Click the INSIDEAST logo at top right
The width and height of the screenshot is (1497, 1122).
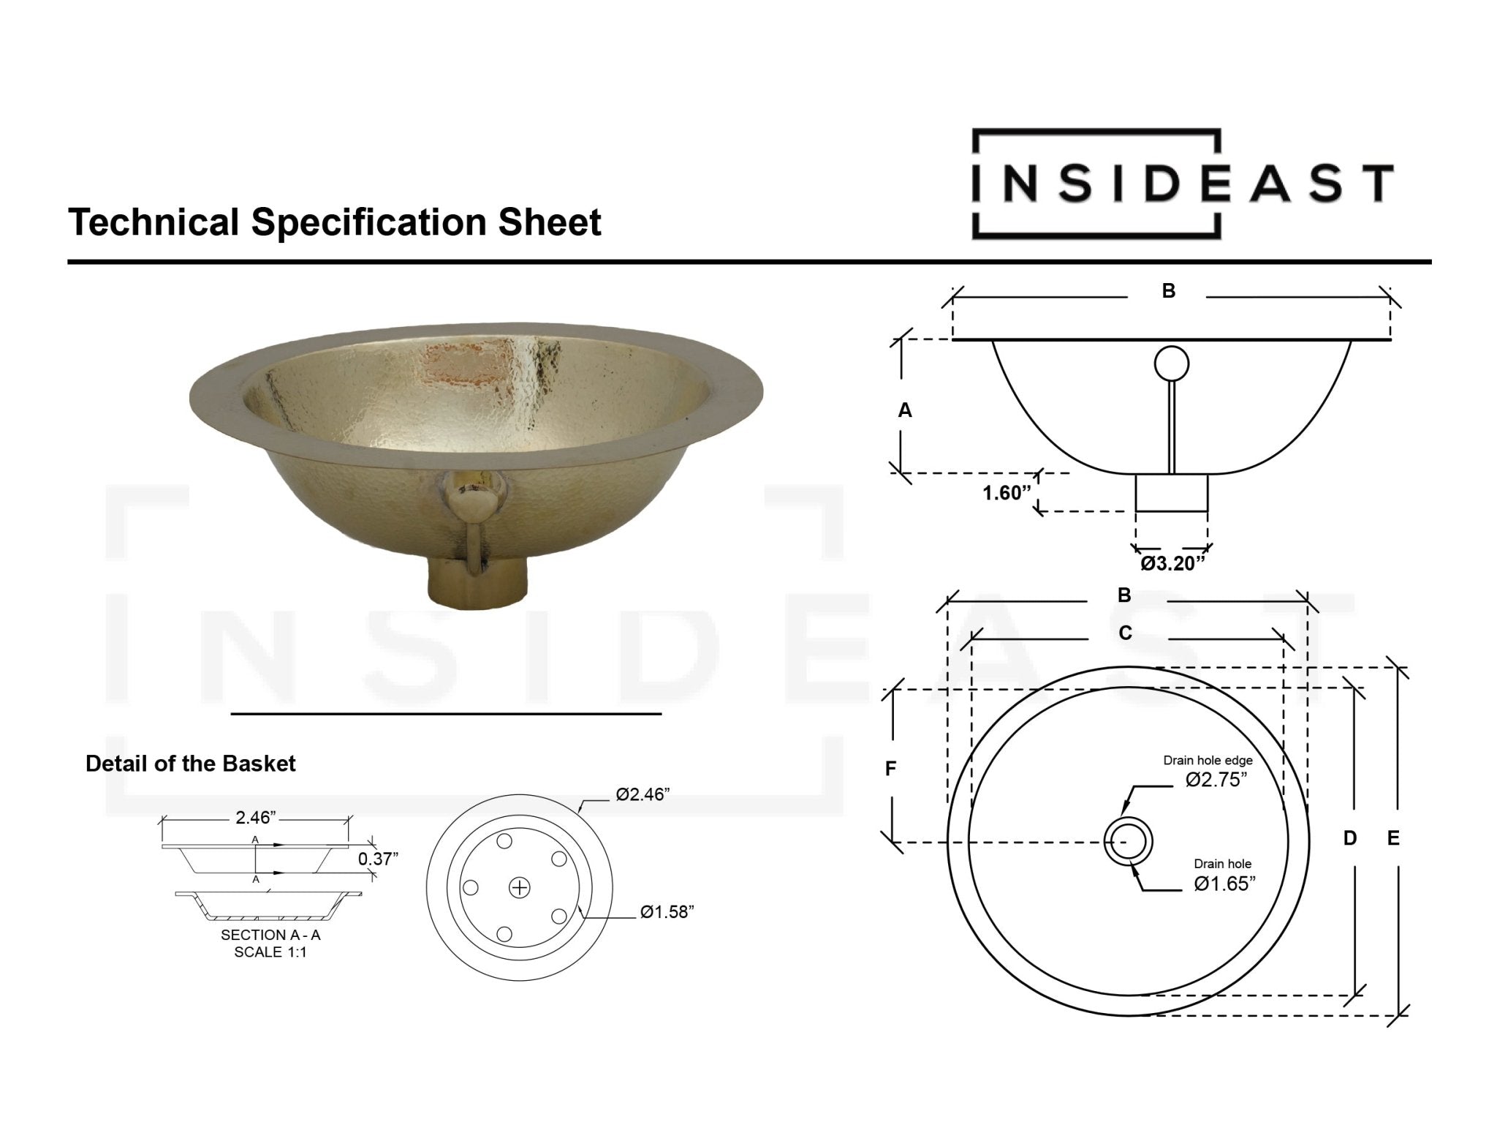click(1182, 184)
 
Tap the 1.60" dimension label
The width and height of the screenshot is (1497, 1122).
click(1006, 493)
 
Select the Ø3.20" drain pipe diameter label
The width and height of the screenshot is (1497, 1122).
click(1172, 563)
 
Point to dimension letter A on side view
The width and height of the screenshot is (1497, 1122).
click(905, 411)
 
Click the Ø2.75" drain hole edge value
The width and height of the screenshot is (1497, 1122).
click(1216, 780)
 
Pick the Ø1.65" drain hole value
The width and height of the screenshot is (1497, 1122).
click(1224, 884)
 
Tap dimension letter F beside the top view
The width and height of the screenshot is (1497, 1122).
click(890, 769)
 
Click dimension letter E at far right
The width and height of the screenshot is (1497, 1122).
click(1393, 838)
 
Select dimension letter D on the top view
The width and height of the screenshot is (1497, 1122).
click(1350, 838)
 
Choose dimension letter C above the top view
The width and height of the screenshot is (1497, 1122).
click(1125, 633)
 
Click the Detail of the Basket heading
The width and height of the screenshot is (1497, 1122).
click(190, 764)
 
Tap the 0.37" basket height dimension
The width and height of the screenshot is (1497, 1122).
click(377, 859)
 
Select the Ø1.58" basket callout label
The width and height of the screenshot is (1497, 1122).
click(666, 912)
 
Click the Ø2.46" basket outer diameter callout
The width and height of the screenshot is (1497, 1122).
click(642, 795)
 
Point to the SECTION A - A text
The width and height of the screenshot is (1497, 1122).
click(270, 935)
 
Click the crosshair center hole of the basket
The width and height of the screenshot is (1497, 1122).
click(519, 888)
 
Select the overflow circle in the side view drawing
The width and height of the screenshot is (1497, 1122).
click(1172, 363)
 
